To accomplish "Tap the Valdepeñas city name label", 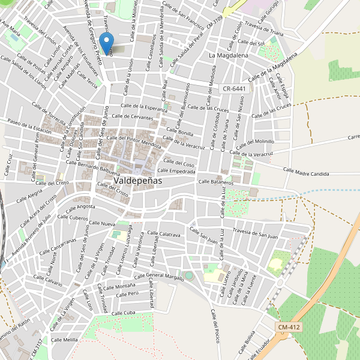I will tap(133, 180).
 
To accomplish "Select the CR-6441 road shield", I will tap(234, 88).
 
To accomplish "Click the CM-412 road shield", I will tap(289, 327).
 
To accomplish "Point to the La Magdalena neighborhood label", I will tap(228, 55).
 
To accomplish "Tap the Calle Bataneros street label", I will tap(215, 181).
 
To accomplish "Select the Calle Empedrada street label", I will tap(175, 171).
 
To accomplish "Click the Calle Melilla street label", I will tap(65, 340).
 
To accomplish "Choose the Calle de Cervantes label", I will tap(133, 116).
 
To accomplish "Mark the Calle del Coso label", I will tap(179, 163).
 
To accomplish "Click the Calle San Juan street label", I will tap(203, 235).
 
